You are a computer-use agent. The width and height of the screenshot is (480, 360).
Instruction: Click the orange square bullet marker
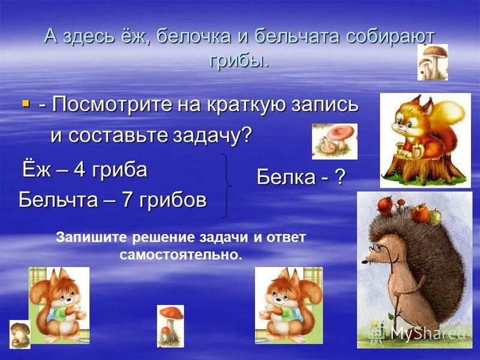pos(25,104)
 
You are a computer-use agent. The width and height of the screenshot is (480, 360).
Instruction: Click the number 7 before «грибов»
pos(127,200)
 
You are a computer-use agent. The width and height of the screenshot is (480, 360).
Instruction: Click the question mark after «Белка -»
pos(340,177)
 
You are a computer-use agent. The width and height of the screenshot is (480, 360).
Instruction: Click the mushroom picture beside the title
pos(432,62)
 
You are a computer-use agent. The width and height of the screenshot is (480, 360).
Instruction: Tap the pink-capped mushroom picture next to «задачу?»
pos(334,142)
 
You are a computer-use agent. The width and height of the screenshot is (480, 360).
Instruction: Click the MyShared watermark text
pos(429,332)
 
